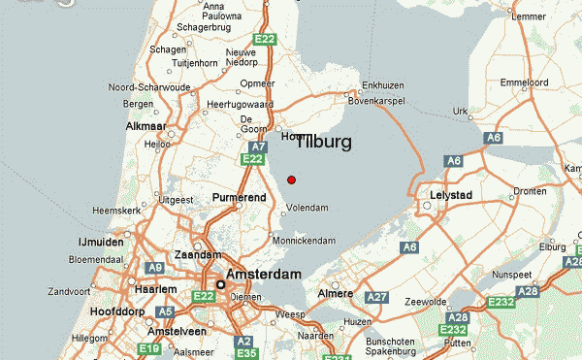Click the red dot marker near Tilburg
(x=292, y=179)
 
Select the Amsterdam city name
(x=264, y=275)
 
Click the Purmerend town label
(x=239, y=198)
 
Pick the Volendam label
(x=307, y=208)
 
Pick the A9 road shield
(x=155, y=267)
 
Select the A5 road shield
(x=165, y=311)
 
